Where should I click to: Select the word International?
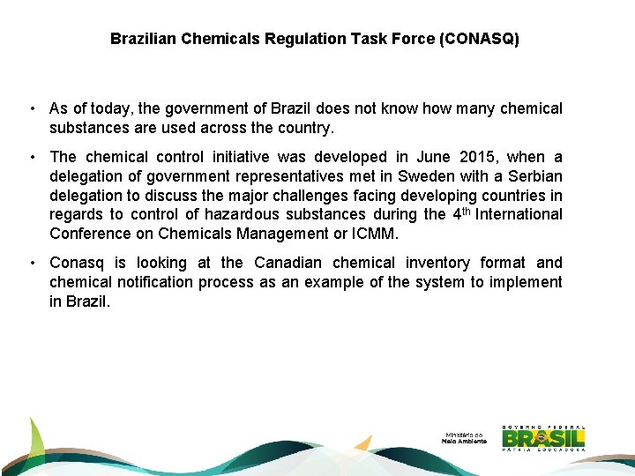coord(519,214)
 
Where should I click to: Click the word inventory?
coord(439,263)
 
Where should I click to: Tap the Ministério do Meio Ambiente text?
coord(464,438)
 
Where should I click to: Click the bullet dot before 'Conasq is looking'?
coord(31,263)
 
